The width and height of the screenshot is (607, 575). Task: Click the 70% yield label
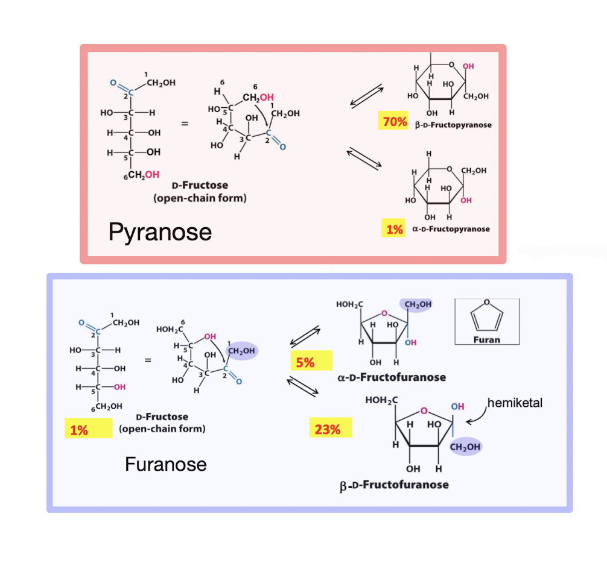click(395, 122)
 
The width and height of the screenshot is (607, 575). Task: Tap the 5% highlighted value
click(305, 363)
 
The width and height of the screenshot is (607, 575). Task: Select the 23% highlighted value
click(327, 429)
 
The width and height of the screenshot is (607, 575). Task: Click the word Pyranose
click(160, 231)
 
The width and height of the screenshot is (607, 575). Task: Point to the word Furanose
click(166, 464)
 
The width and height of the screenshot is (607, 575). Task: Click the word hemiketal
click(515, 403)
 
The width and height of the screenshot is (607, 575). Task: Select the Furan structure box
click(487, 321)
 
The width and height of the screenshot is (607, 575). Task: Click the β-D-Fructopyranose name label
click(453, 125)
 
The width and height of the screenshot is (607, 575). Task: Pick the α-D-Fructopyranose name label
click(451, 229)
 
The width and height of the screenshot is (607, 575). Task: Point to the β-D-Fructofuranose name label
click(394, 485)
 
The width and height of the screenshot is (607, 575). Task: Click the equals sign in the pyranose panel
click(185, 124)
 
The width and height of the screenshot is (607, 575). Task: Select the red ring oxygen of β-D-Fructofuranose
click(424, 411)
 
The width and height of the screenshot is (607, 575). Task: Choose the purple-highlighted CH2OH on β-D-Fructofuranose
click(465, 447)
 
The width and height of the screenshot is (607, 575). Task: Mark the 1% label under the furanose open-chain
click(79, 430)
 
